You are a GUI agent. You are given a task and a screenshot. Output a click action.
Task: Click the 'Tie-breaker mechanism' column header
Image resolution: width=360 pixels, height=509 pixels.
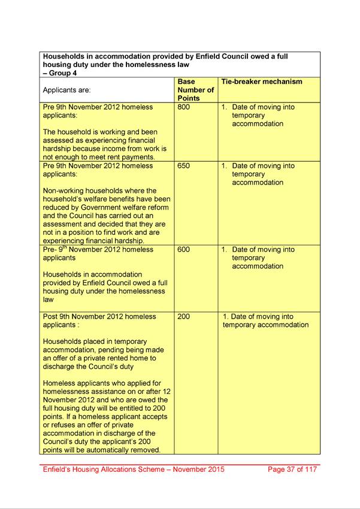262,82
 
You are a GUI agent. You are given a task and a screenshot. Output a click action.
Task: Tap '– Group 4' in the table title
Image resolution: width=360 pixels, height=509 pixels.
59,73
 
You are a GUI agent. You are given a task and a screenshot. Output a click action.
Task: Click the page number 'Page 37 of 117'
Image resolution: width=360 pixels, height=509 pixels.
293,469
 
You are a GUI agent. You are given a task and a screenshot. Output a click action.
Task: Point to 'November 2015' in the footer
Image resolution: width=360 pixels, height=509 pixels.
194,469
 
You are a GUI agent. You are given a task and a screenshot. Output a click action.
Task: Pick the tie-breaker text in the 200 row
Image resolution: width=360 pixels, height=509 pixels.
265,320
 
